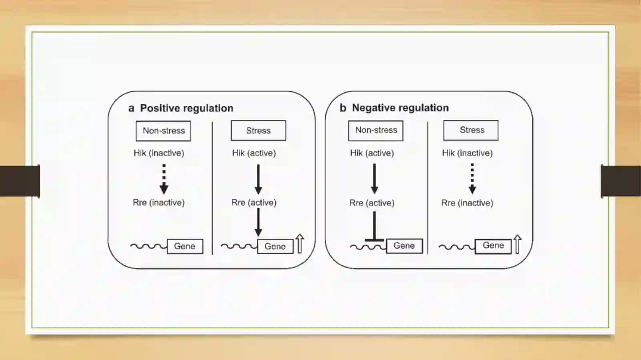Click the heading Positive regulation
[187, 108]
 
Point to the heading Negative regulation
[400, 108]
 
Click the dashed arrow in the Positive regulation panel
[164, 179]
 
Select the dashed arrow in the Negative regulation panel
[472, 179]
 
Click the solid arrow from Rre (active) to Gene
[258, 222]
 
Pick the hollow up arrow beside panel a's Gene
[300, 243]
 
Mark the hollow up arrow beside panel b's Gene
[517, 244]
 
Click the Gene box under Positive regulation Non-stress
[185, 246]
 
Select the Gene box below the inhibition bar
[404, 245]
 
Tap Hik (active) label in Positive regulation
[254, 153]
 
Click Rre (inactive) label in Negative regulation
[467, 203]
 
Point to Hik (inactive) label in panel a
[159, 153]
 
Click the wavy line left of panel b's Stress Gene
[457, 247]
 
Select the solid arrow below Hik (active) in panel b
[374, 179]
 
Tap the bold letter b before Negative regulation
[343, 108]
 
